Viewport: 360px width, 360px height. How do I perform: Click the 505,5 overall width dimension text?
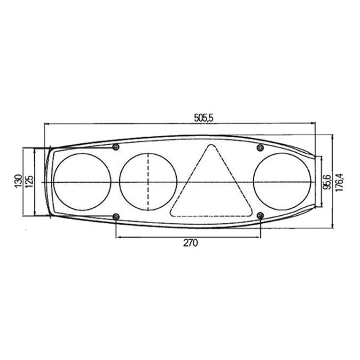pyautogui.click(x=203, y=118)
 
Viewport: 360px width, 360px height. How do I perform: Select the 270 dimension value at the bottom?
pyautogui.click(x=190, y=243)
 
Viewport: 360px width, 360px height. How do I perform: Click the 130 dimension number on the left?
pyautogui.click(x=18, y=181)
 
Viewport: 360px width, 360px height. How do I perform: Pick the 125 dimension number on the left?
pyautogui.click(x=29, y=181)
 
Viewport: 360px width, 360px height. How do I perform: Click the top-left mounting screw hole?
pyautogui.click(x=116, y=147)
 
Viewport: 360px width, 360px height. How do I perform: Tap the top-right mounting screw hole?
pyautogui.click(x=260, y=148)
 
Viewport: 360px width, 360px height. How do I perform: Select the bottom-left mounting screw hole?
pyautogui.click(x=117, y=217)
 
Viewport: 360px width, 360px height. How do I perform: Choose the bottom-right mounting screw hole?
pyautogui.click(x=260, y=215)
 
